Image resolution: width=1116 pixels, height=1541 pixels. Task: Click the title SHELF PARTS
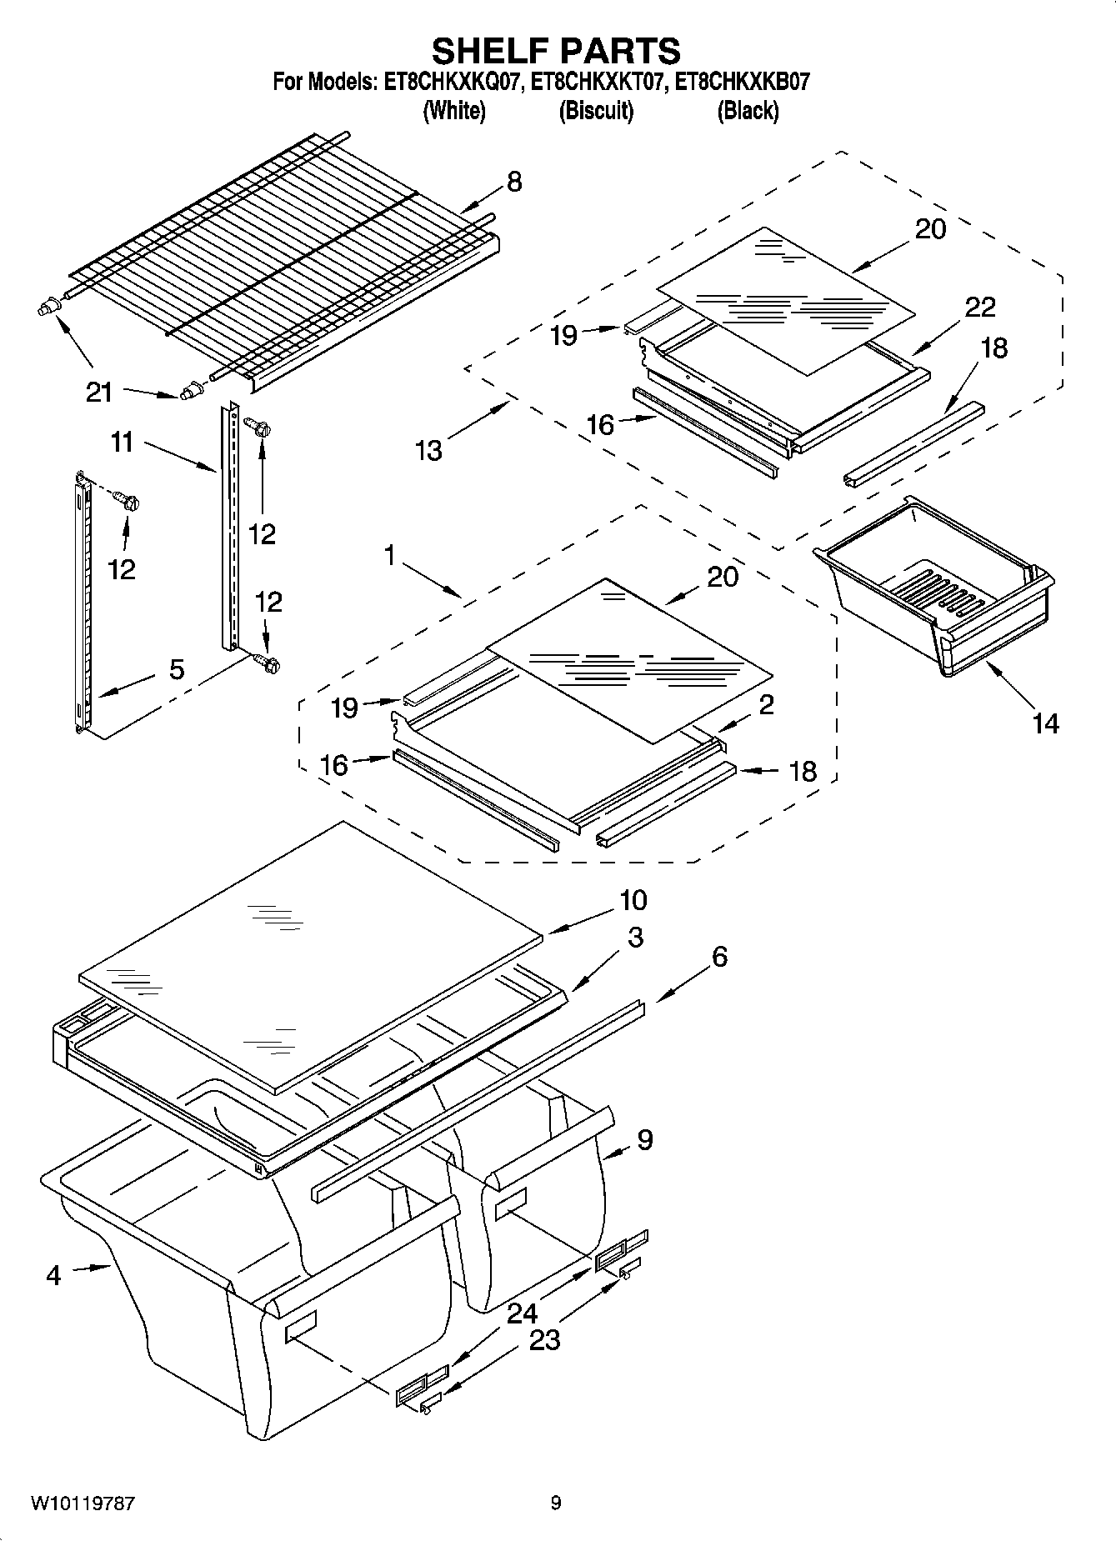(x=556, y=51)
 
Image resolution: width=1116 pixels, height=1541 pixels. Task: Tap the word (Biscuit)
(x=596, y=110)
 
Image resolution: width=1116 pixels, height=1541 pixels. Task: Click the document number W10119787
(x=83, y=1503)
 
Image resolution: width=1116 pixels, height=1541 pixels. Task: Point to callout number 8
(x=514, y=182)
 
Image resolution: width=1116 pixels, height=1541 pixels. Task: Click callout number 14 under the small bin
(x=1045, y=723)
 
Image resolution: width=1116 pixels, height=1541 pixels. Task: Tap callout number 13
(x=429, y=450)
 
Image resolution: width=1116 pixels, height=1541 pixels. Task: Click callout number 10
(x=633, y=900)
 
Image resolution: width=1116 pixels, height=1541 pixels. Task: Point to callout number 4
(x=53, y=1274)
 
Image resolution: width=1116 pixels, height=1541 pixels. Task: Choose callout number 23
(x=545, y=1340)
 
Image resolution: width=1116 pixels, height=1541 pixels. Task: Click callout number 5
(x=177, y=668)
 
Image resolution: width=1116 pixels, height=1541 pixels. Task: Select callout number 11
(x=123, y=442)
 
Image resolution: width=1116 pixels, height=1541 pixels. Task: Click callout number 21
(x=99, y=391)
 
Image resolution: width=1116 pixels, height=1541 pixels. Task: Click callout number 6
(x=719, y=956)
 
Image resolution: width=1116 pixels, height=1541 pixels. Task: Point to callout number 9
(x=644, y=1139)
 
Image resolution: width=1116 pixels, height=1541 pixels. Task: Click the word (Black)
(x=748, y=110)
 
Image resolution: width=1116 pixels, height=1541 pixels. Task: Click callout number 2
(x=766, y=704)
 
